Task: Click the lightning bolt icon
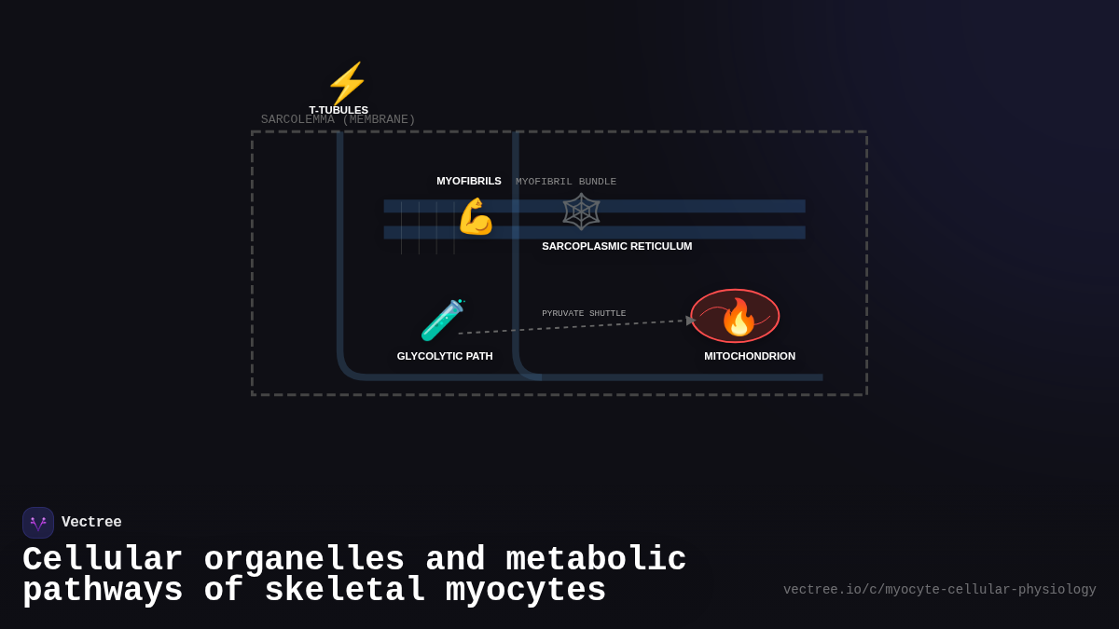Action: pos(347,83)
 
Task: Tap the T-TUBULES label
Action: pos(338,110)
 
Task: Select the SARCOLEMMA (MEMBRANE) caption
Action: pos(338,120)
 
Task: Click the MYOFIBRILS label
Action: pos(469,181)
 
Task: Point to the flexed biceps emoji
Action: pos(476,216)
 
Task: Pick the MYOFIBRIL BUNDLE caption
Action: pos(566,182)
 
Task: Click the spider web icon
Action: pos(581,212)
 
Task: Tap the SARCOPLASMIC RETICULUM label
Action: pos(616,246)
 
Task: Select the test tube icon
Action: pos(443,320)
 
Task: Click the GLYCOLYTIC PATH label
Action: pos(445,356)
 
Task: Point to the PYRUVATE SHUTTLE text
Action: pos(584,314)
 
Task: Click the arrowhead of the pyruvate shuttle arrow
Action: pos(691,321)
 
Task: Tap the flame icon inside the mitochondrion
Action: pos(739,317)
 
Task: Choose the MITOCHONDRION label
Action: pos(750,356)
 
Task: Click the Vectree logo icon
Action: pos(38,523)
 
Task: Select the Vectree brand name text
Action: pos(91,523)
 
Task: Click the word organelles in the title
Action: pos(304,560)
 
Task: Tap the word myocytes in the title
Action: pos(526,591)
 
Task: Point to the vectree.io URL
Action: pos(939,590)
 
